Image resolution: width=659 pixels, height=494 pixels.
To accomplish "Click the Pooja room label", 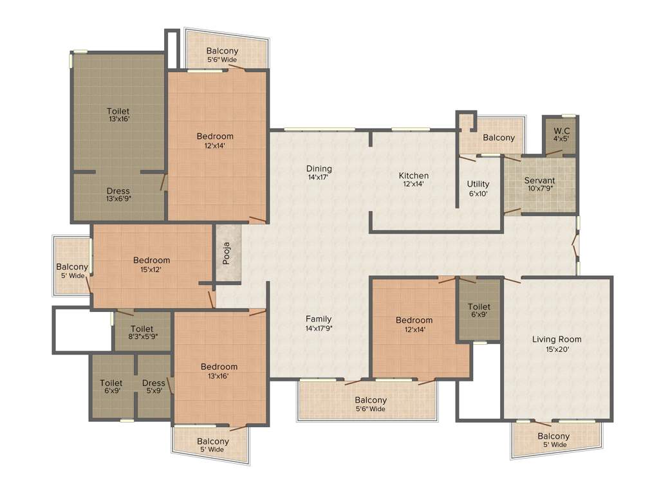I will (x=227, y=253).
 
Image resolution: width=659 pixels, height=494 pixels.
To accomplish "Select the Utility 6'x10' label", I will (x=478, y=188).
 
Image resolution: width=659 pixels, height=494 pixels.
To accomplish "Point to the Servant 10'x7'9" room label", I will (x=539, y=185).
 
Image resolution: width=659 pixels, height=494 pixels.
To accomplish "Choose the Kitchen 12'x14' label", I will (x=414, y=179).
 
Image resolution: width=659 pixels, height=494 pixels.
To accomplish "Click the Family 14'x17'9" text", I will (x=319, y=324).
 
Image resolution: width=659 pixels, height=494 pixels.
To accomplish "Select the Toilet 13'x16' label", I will (x=118, y=116).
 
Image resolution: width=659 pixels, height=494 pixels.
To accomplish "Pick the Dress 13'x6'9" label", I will (x=118, y=195).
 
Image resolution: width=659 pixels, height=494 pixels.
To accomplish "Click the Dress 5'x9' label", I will (x=154, y=387).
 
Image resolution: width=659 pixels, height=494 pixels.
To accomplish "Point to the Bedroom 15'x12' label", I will (x=152, y=264).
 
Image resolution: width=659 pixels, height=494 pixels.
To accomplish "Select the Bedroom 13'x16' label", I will (x=219, y=371).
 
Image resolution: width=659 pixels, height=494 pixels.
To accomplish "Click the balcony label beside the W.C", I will (x=499, y=138).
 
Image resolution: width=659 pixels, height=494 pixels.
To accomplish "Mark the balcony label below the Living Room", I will (x=553, y=441).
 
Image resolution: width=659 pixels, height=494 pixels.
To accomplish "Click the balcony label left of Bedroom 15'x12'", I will (x=72, y=271).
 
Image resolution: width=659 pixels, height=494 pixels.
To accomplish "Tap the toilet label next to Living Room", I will (x=479, y=311).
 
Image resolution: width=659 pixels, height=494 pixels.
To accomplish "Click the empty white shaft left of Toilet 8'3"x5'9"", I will (x=82, y=330).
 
